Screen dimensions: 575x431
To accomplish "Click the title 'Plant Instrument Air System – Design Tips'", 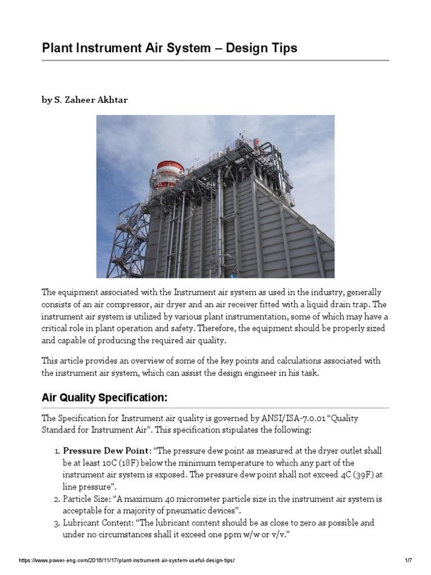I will tap(169, 48).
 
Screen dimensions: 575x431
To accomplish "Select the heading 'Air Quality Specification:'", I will tap(104, 398).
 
